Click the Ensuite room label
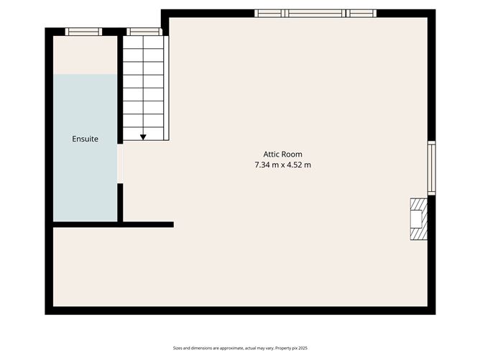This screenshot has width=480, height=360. pos(85,138)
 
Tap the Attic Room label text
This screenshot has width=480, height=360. pos(282,154)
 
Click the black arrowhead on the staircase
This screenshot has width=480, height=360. pos(143,137)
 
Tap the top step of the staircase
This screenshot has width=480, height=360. pos(143,42)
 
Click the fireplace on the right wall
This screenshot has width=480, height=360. pos(418,218)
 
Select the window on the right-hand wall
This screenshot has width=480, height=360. pos(431,168)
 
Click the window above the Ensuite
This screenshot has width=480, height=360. pos(83,32)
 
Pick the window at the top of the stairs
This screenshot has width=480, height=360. pos(143,32)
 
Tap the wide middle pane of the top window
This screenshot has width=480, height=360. pos(315,13)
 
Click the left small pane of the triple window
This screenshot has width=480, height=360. pos(269,13)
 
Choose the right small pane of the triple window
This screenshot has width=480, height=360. pos(361,13)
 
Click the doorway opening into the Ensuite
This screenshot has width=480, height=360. pos(120,164)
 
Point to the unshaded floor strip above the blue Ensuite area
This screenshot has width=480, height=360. pos(85,55)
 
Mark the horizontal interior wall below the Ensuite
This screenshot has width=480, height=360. pos(111,225)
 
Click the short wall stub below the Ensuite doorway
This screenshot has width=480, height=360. pos(120,203)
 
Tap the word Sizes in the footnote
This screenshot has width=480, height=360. pos(178,347)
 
